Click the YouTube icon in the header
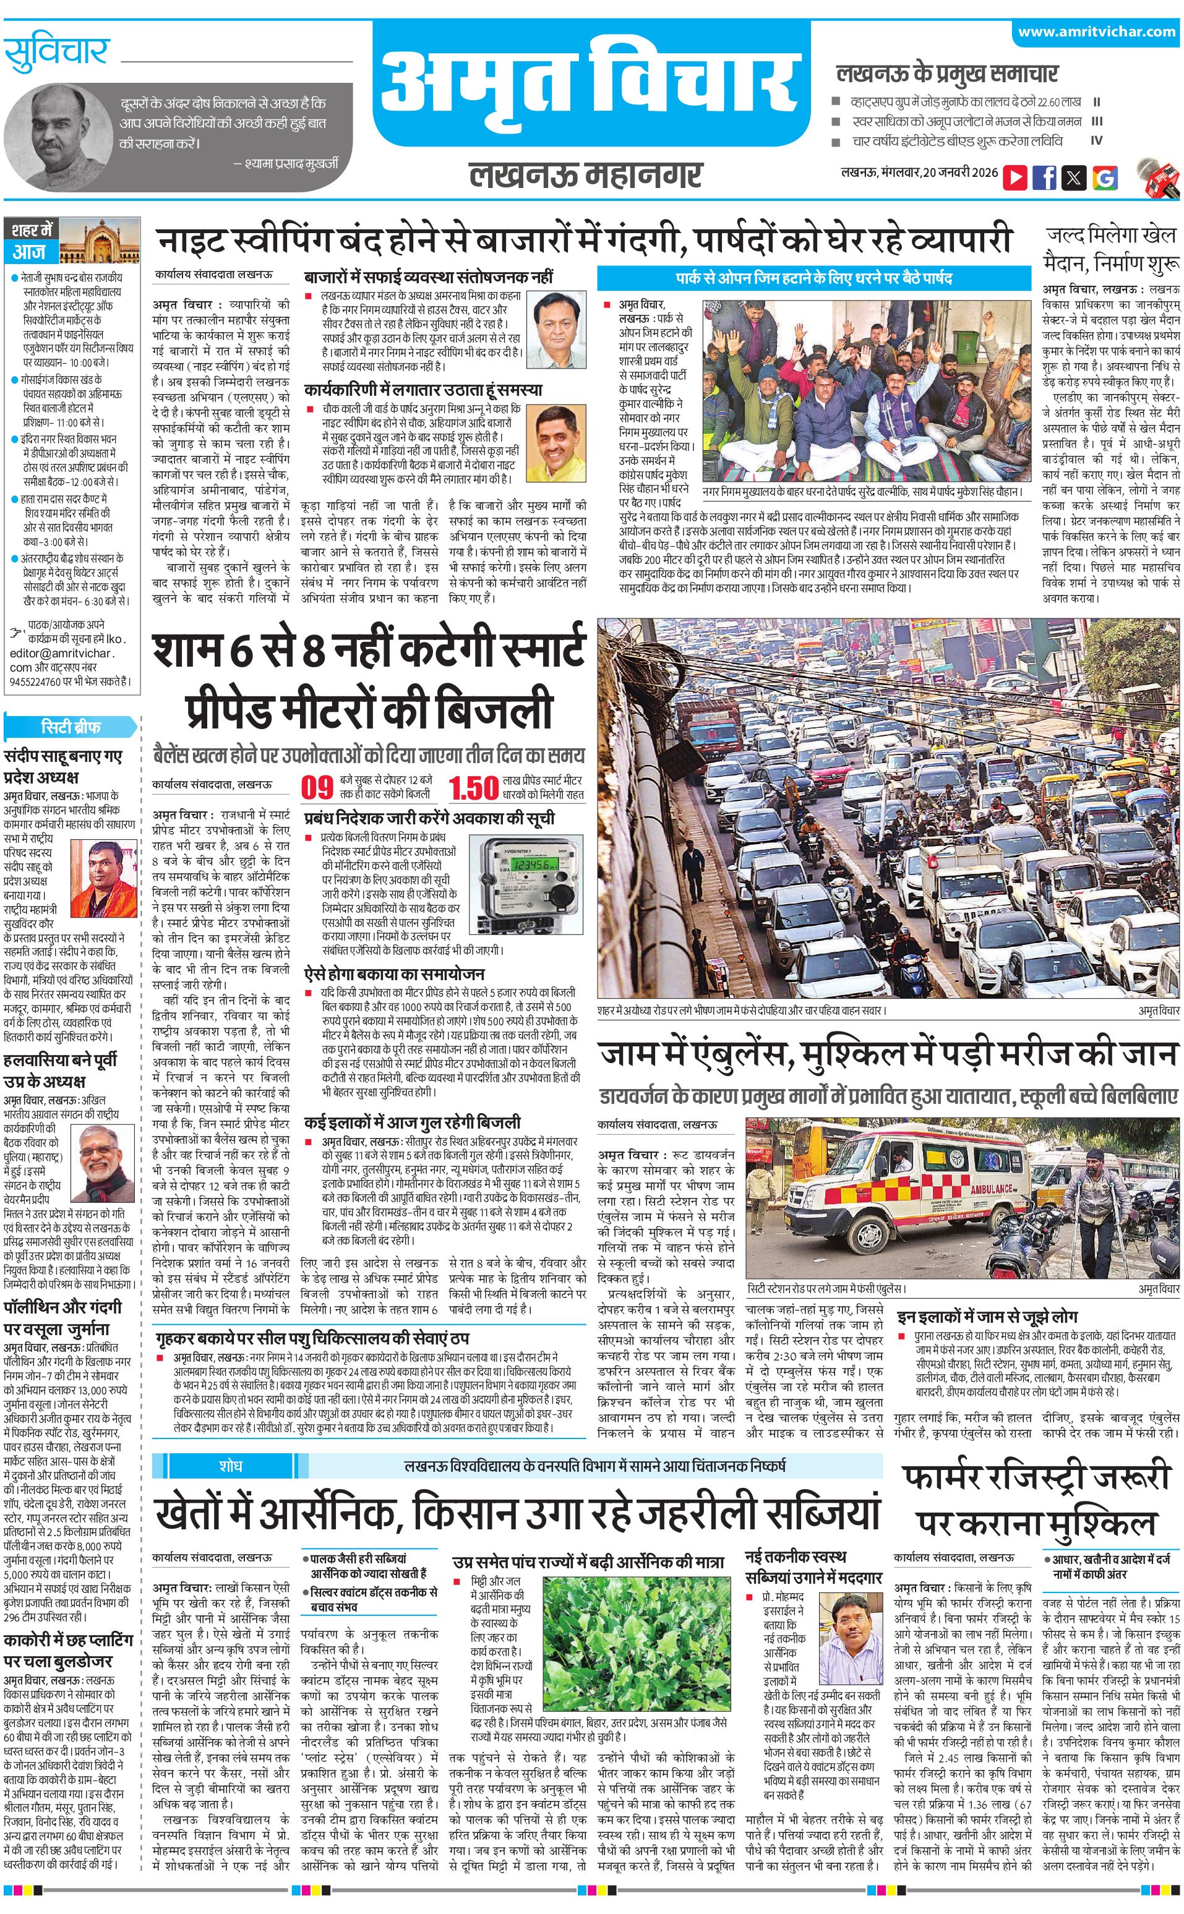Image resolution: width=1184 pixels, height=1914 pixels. click(x=1015, y=177)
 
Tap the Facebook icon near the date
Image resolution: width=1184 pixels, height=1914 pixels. click(x=1044, y=177)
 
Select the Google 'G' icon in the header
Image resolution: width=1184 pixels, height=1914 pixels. click(x=1105, y=177)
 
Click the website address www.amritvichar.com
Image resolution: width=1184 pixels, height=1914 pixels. click(x=1096, y=32)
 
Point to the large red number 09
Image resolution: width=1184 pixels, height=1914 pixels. click(x=317, y=787)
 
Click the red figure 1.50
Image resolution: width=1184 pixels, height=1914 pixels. click(x=474, y=787)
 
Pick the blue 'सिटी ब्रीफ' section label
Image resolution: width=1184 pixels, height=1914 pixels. click(x=71, y=725)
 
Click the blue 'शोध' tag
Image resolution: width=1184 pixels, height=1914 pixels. click(x=230, y=1464)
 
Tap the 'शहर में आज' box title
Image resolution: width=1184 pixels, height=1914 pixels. click(x=32, y=241)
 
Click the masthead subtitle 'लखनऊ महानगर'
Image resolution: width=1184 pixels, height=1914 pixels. click(x=586, y=174)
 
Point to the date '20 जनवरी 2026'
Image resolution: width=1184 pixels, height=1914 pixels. click(x=960, y=172)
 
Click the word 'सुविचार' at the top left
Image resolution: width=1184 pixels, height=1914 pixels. click(x=56, y=53)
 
